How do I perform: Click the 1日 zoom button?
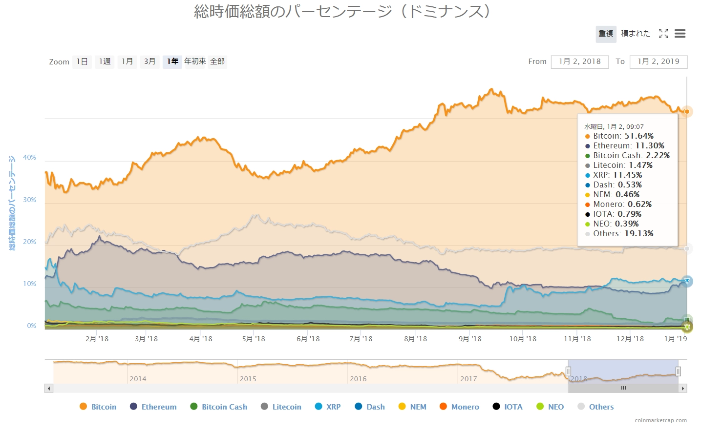coord(82,62)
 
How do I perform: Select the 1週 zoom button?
coord(105,62)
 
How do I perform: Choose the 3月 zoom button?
coord(149,62)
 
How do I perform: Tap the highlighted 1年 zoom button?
coord(172,62)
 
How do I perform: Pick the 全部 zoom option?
coord(217,62)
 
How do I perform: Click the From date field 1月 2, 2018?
coord(580,62)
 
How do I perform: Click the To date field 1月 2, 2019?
coord(659,62)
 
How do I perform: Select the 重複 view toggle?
coord(606,34)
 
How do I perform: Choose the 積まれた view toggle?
coord(636,34)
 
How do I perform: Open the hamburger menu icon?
coord(680,34)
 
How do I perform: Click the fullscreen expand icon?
coord(663,34)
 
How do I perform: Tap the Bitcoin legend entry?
coord(98,407)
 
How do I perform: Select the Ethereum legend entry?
coord(153,407)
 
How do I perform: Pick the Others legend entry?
coord(595,407)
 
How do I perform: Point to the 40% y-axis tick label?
coord(29,158)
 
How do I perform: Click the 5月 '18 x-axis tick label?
coord(254,339)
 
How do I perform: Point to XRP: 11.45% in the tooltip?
coord(617,175)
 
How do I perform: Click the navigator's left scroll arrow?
coord(49,389)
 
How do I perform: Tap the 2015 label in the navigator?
coord(248,379)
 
